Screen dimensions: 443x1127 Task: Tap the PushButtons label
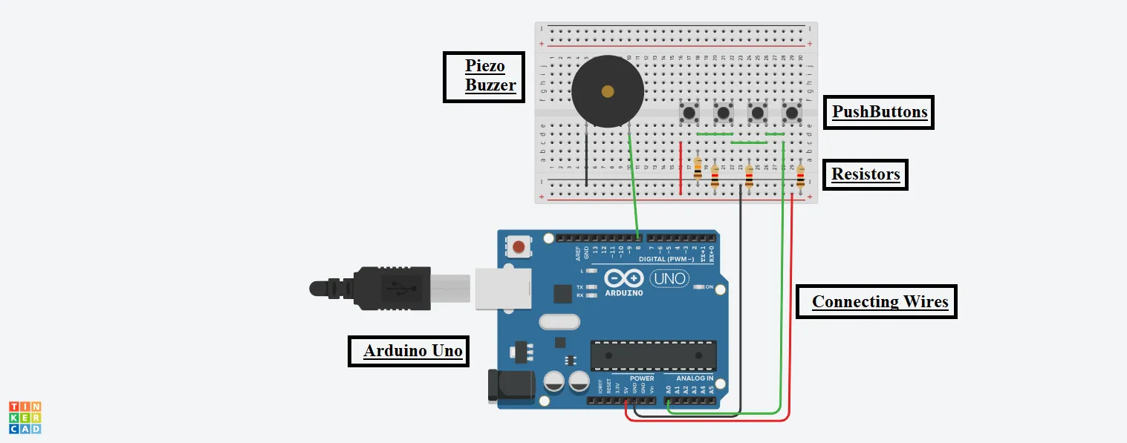[879, 112]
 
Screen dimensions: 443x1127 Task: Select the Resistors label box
[865, 175]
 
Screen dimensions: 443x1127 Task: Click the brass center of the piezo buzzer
[608, 91]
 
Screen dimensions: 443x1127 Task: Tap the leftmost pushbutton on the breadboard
[689, 114]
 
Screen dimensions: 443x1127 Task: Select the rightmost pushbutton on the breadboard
[792, 114]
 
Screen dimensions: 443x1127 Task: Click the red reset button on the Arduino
[519, 246]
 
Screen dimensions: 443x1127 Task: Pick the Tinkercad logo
[25, 418]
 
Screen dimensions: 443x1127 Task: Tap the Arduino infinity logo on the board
[623, 279]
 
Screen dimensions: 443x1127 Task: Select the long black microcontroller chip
[654, 355]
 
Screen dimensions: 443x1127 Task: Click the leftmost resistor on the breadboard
[697, 167]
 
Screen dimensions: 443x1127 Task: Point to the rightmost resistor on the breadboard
[800, 177]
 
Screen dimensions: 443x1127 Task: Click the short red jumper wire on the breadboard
[681, 168]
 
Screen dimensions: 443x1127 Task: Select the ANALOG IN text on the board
[694, 378]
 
